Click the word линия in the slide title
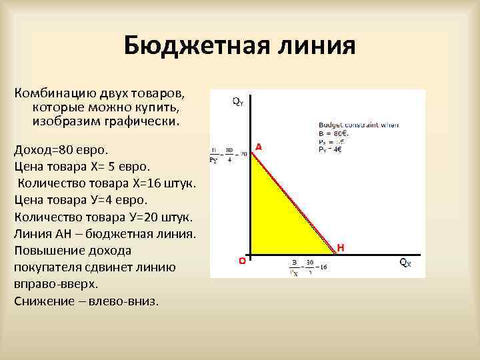(313, 47)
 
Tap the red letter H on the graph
(341, 247)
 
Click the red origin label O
(242, 262)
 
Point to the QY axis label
(238, 101)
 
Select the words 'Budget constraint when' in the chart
(349, 125)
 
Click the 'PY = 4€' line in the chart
(329, 149)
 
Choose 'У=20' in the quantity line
(149, 217)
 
